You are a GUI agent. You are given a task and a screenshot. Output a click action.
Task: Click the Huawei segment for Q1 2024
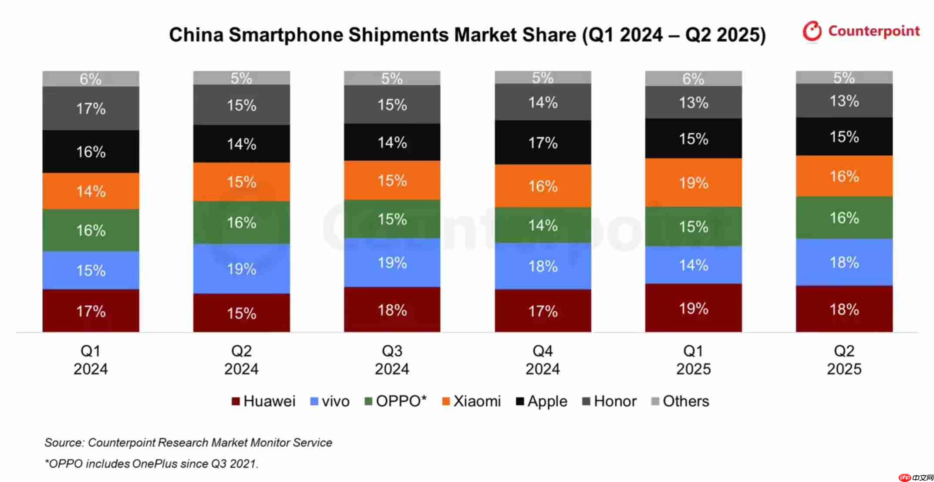pyautogui.click(x=91, y=311)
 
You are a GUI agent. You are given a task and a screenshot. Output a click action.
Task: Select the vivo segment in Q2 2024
pyautogui.click(x=241, y=269)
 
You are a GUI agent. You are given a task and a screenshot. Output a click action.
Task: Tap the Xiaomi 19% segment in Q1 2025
pyautogui.click(x=693, y=182)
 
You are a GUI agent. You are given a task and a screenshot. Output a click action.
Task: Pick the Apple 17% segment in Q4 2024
pyautogui.click(x=543, y=142)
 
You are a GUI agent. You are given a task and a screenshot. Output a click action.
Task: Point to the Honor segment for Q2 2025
pyautogui.click(x=844, y=101)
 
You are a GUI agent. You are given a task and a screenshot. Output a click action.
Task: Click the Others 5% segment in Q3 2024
pyautogui.click(x=392, y=78)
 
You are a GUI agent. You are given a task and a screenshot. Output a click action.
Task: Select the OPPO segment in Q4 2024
pyautogui.click(x=543, y=225)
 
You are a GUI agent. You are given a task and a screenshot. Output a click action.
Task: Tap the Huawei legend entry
pyautogui.click(x=263, y=401)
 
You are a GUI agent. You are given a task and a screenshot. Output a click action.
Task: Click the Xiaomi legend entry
pyautogui.click(x=471, y=401)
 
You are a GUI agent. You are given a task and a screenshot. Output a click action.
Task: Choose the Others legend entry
pyautogui.click(x=680, y=401)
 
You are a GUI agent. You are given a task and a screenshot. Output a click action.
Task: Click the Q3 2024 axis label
pyautogui.click(x=392, y=360)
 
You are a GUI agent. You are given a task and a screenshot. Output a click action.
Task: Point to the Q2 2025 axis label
pyautogui.click(x=844, y=360)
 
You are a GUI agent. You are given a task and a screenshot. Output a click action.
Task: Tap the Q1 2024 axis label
pyautogui.click(x=91, y=360)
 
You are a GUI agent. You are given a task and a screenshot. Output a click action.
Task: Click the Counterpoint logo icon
pyautogui.click(x=812, y=31)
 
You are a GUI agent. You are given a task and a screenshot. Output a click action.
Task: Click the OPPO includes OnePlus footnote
pyautogui.click(x=152, y=464)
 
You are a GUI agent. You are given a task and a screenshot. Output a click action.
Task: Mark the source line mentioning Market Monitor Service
pyautogui.click(x=188, y=443)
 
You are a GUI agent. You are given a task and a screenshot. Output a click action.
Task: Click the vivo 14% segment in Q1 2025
pyautogui.click(x=693, y=265)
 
